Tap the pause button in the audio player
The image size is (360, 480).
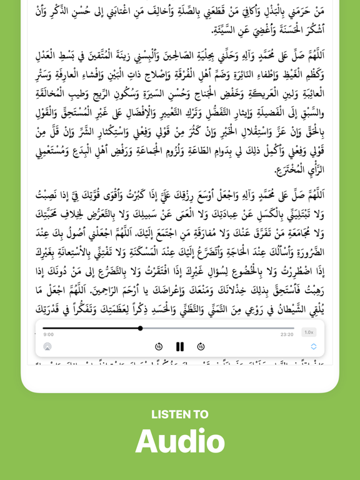click(180, 346)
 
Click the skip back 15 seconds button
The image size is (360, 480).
click(159, 346)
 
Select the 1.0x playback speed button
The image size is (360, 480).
click(309, 332)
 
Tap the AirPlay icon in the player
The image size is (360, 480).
click(47, 346)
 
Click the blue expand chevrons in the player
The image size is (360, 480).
click(314, 346)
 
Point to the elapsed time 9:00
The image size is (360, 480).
click(48, 334)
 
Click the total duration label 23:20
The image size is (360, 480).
click(287, 334)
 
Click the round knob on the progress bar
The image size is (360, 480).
click(140, 328)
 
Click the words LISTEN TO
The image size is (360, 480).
click(180, 414)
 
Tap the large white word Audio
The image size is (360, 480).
click(180, 441)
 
